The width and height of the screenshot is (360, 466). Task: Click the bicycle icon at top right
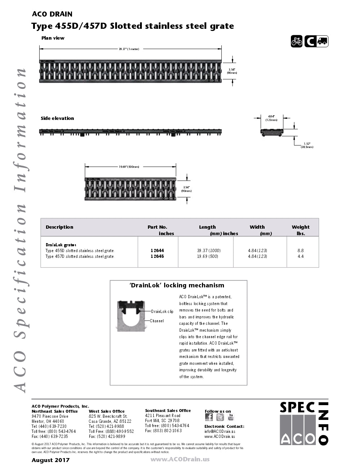pos(297,41)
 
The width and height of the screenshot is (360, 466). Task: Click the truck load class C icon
pos(316,41)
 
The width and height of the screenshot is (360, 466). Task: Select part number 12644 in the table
pos(157,250)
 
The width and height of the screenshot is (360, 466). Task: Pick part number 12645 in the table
pos(157,256)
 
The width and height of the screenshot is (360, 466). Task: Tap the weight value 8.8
pos(301,250)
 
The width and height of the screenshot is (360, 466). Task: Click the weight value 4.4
pos(301,256)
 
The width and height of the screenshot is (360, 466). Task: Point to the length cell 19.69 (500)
pos(207,256)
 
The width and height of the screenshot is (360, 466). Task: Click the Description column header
pos(59,227)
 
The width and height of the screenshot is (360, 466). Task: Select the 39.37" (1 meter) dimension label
pos(129,49)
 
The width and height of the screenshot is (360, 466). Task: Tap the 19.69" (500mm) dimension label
pos(129,167)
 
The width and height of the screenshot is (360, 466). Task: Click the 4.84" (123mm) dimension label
pos(271,118)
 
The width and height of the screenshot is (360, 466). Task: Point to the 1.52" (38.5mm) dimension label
pos(307,145)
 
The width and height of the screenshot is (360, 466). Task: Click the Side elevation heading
pos(57,118)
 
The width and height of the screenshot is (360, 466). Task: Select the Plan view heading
pos(53,38)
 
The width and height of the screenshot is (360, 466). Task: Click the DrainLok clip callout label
pos(162,312)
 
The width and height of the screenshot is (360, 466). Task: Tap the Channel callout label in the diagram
pos(157,321)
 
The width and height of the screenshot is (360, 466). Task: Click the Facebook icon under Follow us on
pos(209,417)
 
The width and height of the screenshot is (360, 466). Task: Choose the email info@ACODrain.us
pos(220,431)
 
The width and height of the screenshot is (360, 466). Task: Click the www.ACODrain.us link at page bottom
pos(180,459)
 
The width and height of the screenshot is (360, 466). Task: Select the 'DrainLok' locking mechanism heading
pos(177,285)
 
